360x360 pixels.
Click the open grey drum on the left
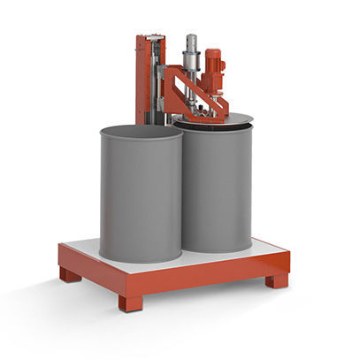tap(141, 199)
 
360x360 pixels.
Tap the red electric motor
tap(213, 70)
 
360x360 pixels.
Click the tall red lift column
tap(146, 80)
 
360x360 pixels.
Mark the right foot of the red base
tap(277, 280)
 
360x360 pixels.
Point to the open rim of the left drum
tap(141, 131)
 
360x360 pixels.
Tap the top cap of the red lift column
tap(150, 37)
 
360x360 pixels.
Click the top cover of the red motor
tap(213, 52)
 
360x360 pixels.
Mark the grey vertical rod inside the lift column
tap(155, 80)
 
